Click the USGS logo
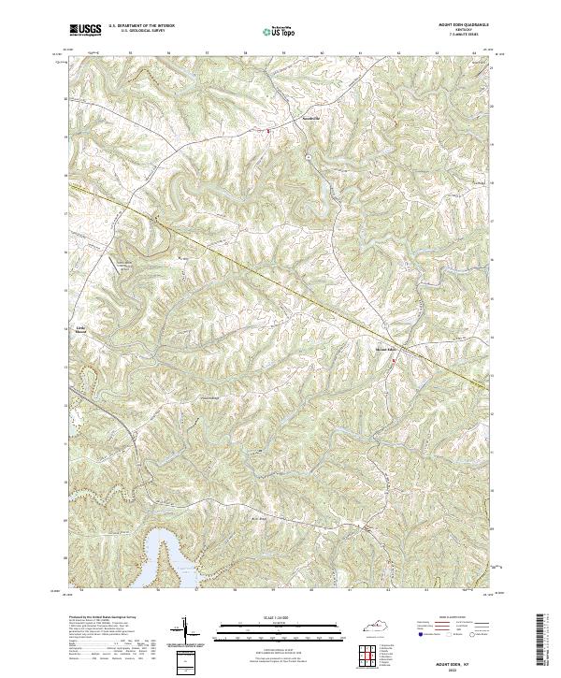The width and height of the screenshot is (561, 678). pos(85,30)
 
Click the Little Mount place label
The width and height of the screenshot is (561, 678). pos(79,328)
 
